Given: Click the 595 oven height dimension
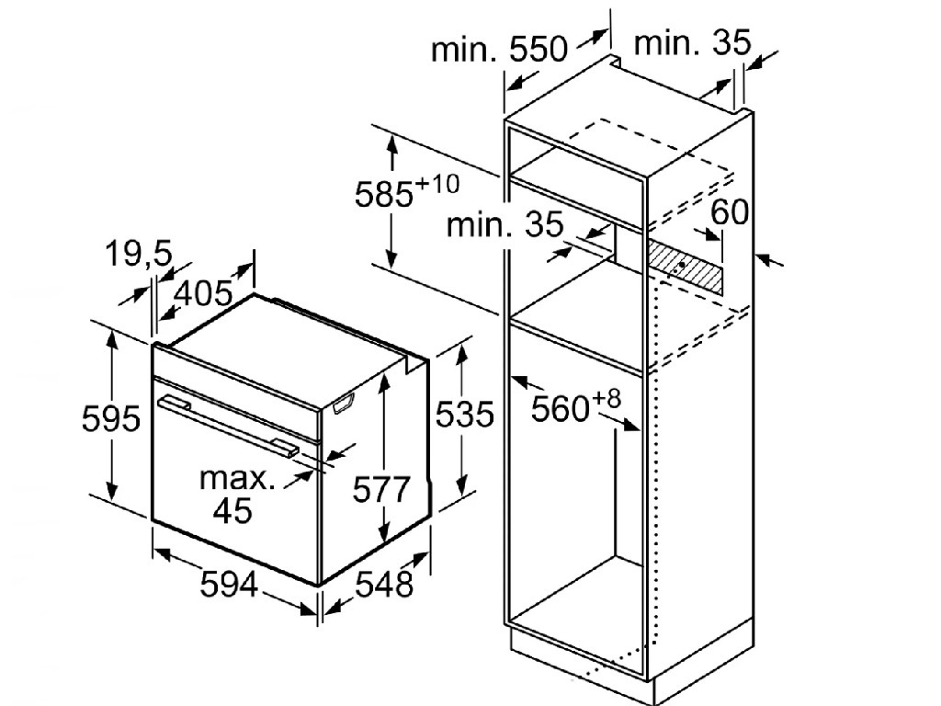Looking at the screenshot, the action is pyautogui.click(x=111, y=418).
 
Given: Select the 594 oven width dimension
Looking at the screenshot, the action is pyautogui.click(x=229, y=584).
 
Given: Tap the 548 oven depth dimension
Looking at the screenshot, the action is pyautogui.click(x=385, y=584).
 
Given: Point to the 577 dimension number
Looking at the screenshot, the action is pyautogui.click(x=381, y=489).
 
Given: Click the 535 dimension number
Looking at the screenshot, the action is pyautogui.click(x=464, y=415).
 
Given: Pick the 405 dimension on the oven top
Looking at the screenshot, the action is pyautogui.click(x=203, y=293).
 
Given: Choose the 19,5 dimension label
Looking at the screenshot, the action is pyautogui.click(x=139, y=253).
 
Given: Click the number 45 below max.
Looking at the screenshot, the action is pyautogui.click(x=232, y=511).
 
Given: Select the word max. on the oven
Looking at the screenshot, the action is pyautogui.click(x=237, y=478).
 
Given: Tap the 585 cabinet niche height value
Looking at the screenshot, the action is pyautogui.click(x=384, y=194).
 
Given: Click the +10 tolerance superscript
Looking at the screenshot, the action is pyautogui.click(x=437, y=184).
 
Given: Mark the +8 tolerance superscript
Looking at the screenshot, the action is pyautogui.click(x=607, y=399).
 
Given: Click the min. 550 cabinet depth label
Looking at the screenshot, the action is pyautogui.click(x=499, y=49).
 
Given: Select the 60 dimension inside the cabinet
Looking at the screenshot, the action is pyautogui.click(x=730, y=212).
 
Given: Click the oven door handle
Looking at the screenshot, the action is pyautogui.click(x=228, y=425).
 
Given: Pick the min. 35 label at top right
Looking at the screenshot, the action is pyautogui.click(x=693, y=42).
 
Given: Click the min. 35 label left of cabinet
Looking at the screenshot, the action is pyautogui.click(x=505, y=224).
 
